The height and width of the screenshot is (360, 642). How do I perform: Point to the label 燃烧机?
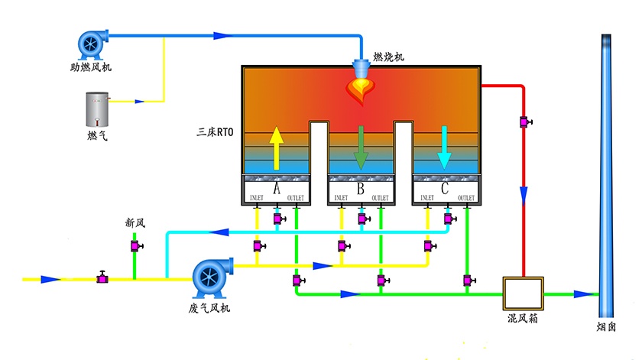(x=388, y=57)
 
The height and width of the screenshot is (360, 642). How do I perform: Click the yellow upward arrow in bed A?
(x=276, y=148)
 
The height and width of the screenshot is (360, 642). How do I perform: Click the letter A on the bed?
(x=276, y=186)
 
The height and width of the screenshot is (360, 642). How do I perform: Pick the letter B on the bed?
(x=361, y=186)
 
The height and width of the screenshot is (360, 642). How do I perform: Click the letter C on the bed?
(x=445, y=186)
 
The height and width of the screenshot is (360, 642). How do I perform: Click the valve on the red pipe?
(x=525, y=122)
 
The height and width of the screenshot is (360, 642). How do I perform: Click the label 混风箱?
(x=523, y=318)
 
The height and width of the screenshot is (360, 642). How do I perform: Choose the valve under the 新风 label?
(x=135, y=246)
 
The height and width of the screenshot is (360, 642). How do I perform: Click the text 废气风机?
(x=209, y=308)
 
